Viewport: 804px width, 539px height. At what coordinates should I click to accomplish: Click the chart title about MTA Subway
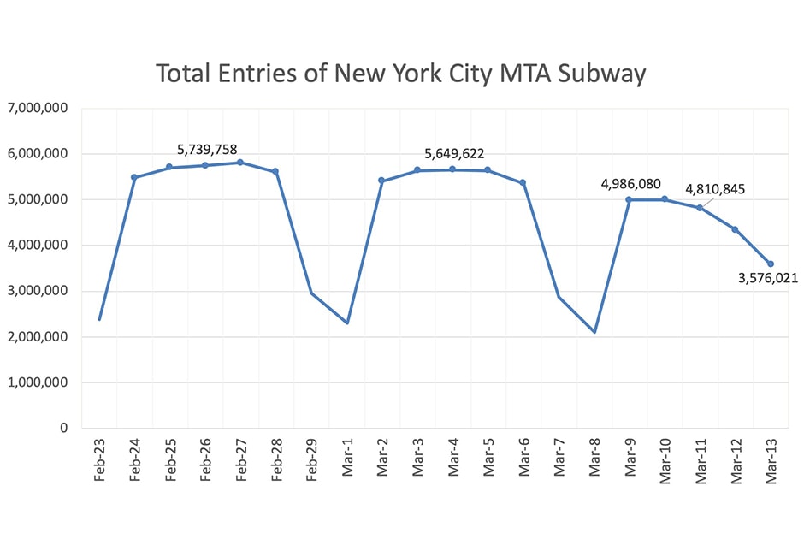point(400,74)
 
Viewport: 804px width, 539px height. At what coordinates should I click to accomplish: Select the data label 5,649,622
point(454,154)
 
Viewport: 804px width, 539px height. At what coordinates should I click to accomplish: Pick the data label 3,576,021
point(764,277)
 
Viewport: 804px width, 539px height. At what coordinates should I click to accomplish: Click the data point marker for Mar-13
point(770,264)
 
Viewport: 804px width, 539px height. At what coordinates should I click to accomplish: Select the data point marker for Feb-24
point(134,177)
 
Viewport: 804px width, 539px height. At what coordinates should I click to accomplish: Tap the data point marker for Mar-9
point(629,199)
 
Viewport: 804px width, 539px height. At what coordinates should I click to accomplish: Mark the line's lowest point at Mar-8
point(594,332)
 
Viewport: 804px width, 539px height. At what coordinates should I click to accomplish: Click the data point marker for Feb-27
point(240,163)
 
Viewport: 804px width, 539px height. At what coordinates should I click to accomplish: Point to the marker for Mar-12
point(735,229)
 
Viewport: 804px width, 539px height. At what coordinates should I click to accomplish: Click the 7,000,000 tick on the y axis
point(38,108)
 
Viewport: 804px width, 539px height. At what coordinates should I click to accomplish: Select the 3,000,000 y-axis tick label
point(38,291)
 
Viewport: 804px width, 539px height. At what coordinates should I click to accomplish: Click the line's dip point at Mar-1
point(346,323)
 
